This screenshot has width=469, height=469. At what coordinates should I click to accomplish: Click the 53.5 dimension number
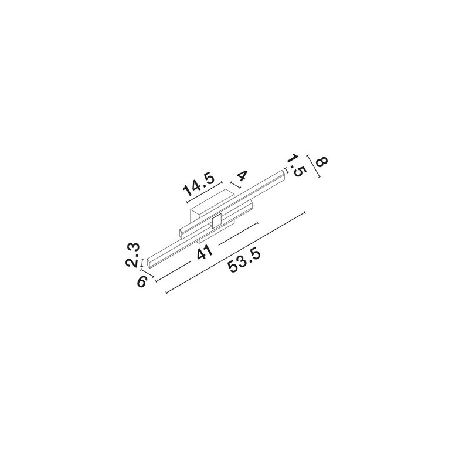coord(244,261)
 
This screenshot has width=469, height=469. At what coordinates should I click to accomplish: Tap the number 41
coord(205,252)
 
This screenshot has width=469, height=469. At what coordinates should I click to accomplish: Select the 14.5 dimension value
coord(199,185)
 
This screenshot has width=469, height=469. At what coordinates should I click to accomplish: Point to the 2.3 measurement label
coord(132,255)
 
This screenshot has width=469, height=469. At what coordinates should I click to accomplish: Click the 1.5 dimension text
coord(298,165)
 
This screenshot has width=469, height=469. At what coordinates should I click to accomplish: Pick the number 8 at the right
coord(322,162)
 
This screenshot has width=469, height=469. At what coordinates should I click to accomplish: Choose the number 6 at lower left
coord(142,281)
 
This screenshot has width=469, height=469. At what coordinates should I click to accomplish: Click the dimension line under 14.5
coord(204,192)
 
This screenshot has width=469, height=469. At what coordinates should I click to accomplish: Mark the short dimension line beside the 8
coord(314,166)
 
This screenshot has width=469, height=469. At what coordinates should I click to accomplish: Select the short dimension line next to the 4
coord(235,185)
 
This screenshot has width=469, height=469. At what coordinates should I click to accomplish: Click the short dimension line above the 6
coord(147,273)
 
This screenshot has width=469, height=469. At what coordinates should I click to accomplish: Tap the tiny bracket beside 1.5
coord(287,171)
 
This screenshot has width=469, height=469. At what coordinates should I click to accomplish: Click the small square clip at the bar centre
coord(216,222)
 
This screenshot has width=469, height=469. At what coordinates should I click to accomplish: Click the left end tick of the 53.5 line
coord(166,292)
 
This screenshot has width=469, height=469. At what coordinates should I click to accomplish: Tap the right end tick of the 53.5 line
coord(304,213)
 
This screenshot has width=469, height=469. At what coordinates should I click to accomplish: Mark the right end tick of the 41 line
coord(257,223)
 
